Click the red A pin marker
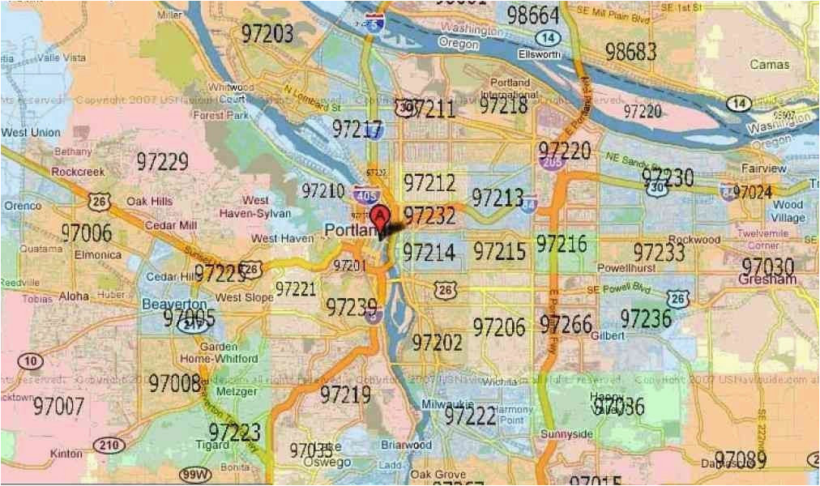click(x=378, y=216)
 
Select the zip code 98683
click(x=630, y=52)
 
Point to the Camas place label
click(x=769, y=64)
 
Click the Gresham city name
click(x=767, y=279)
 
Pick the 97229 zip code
click(x=162, y=161)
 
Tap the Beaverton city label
click(x=174, y=304)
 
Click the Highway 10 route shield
click(x=31, y=361)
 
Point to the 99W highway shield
click(x=195, y=473)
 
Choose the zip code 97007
click(x=58, y=405)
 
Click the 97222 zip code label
click(x=470, y=416)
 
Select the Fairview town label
click(x=763, y=168)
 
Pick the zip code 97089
click(x=740, y=460)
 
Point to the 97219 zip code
click(x=345, y=394)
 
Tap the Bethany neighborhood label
click(x=73, y=151)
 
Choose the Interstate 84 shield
click(x=530, y=203)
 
